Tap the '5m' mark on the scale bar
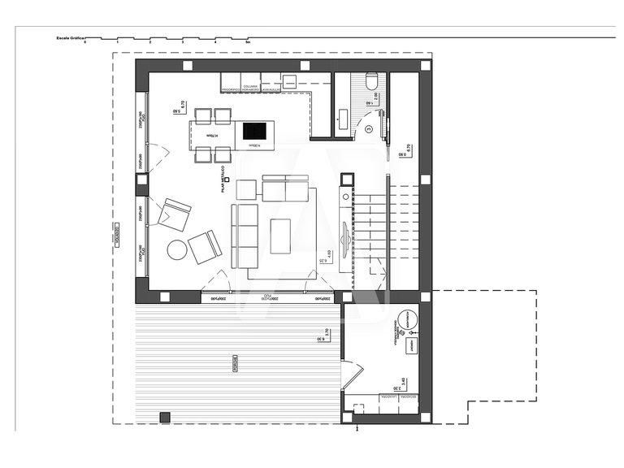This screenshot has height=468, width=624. [x=248, y=41]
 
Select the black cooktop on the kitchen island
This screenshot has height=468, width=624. [x=254, y=131]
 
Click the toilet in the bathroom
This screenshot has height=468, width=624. [x=372, y=81]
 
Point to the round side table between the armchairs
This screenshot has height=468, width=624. [x=177, y=249]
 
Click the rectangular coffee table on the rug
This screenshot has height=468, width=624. [x=280, y=236]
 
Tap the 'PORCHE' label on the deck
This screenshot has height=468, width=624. [x=235, y=361]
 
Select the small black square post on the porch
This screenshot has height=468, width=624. [x=165, y=417]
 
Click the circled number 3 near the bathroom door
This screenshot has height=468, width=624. [x=368, y=128]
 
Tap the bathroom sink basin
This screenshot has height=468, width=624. [x=341, y=119]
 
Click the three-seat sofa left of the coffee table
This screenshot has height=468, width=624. [x=245, y=236]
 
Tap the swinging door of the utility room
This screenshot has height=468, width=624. [x=350, y=375]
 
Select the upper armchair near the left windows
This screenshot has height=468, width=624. [x=174, y=214]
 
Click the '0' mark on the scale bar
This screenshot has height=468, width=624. [x=84, y=41]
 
